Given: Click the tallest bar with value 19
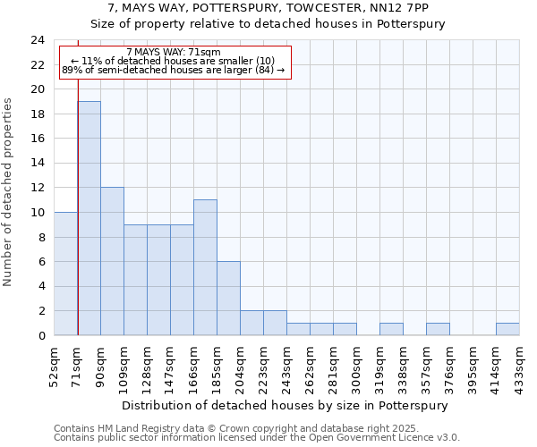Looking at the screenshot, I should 89,218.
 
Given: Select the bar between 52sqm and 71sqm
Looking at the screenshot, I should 65,274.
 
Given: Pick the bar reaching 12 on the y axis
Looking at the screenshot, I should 112,261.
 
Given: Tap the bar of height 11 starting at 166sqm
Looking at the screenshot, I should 205,267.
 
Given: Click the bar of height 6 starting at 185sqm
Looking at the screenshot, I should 228,298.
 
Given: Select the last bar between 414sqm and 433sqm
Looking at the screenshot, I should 507,329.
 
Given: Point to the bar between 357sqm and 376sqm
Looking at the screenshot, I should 438,329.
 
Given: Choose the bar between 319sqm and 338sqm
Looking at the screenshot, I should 391,329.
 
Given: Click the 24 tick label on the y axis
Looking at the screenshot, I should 38,40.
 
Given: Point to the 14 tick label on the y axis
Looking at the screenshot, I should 38,164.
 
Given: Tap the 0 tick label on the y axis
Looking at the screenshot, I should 41,336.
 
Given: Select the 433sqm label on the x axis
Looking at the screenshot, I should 519,365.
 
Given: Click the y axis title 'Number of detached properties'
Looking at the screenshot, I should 10,193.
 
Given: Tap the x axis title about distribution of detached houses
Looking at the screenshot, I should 286,405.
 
